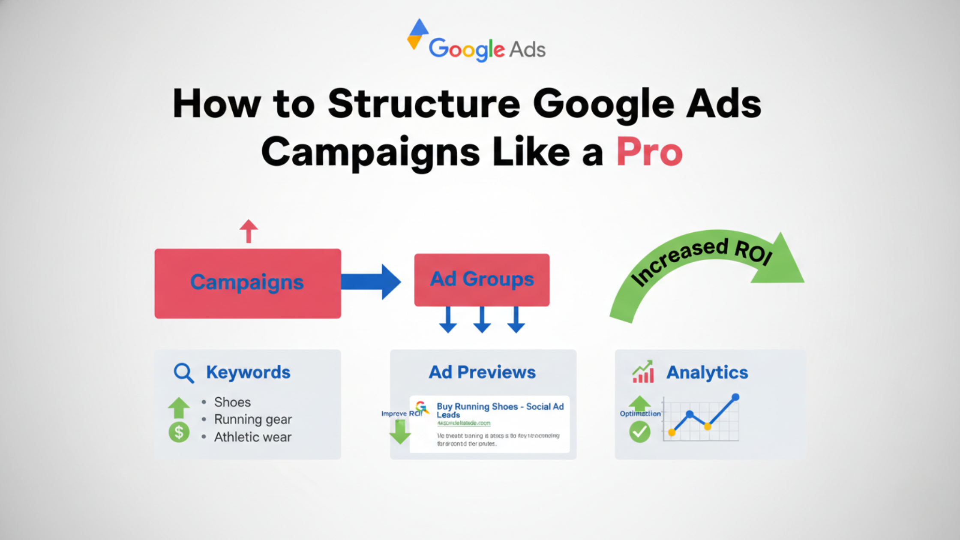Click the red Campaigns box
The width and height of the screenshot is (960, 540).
coord(248,283)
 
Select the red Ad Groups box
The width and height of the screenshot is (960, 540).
coord(482,279)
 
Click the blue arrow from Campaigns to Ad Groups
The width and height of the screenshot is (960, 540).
coord(371,282)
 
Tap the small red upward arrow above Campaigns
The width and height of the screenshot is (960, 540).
coord(249,231)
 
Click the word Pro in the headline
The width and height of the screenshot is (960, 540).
coord(649,152)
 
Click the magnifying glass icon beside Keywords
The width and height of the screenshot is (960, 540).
coord(183,373)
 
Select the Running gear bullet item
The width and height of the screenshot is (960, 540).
coord(253,419)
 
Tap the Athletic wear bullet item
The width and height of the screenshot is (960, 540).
coord(253,437)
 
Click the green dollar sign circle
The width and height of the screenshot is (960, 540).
coord(179,432)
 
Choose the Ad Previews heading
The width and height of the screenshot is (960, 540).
coord(482,372)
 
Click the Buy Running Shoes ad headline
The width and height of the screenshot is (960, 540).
coord(500,410)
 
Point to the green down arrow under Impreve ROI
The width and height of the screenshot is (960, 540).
coord(400,432)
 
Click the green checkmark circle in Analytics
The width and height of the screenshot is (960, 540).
coord(639,432)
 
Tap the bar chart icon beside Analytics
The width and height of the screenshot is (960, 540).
coord(643,372)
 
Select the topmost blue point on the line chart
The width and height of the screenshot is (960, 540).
coord(735,397)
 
